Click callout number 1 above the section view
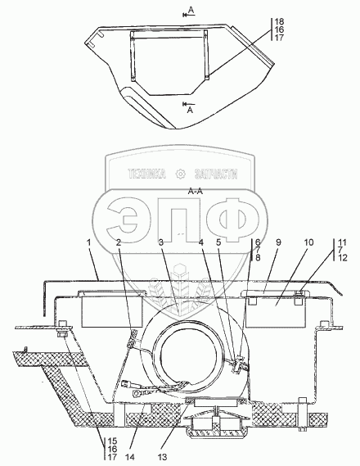pos(88,242)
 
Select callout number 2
pos(119,242)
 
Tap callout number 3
pos(161,242)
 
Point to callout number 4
pos(201,242)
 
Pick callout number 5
pos(218,242)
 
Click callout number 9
pos(278,242)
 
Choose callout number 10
pos(308,242)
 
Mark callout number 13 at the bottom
pos(163,457)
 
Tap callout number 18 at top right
pos(279,21)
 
